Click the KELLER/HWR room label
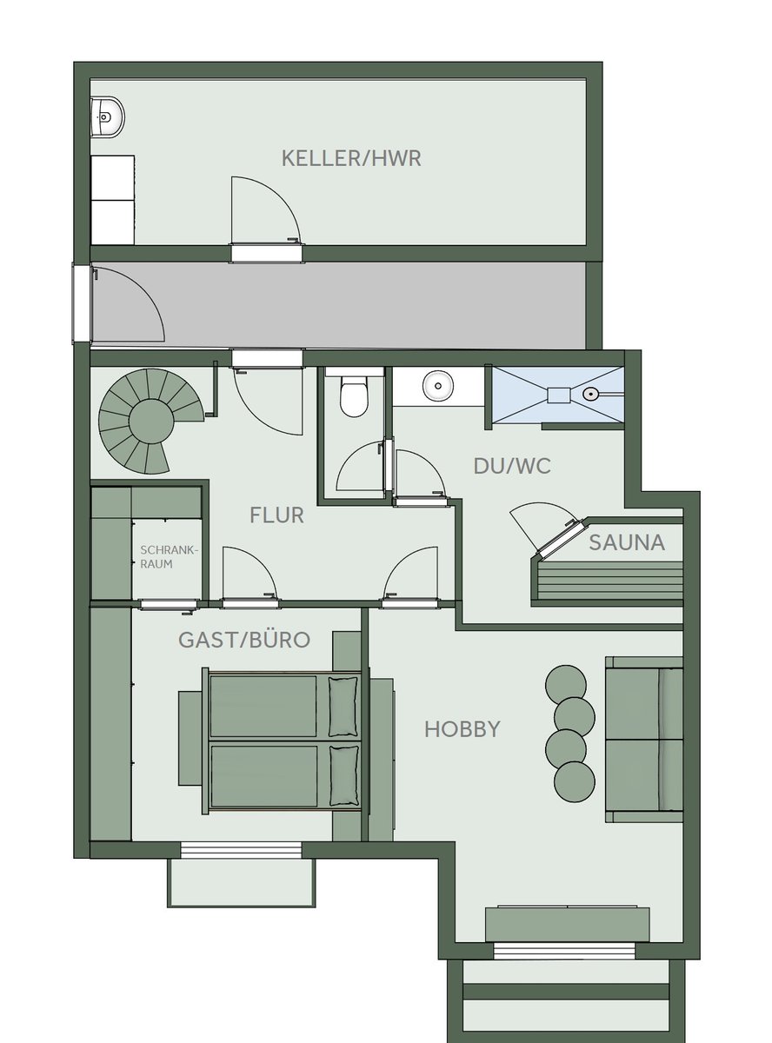coord(351,158)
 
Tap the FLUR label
coord(276,515)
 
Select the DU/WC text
coord(512,466)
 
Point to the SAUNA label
coord(627,542)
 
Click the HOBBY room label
coord(462,729)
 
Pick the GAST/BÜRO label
coord(244,640)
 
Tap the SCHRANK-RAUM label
coord(170,557)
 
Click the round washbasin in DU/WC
coord(438,386)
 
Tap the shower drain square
coord(559,395)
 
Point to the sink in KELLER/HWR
coord(108,117)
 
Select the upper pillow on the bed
coord(343,707)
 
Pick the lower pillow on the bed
coord(344,775)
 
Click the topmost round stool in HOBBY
coord(566,685)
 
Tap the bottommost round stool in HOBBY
coord(575,782)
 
